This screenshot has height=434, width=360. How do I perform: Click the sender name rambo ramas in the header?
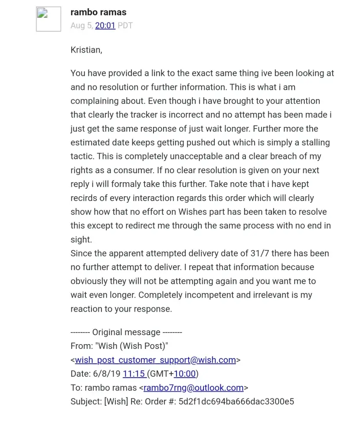click(x=98, y=12)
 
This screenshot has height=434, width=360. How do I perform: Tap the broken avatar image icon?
click(x=48, y=19)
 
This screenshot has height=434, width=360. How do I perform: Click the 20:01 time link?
click(x=105, y=26)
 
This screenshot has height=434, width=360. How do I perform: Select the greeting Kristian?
click(x=86, y=50)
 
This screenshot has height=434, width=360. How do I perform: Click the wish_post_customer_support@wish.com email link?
click(x=155, y=360)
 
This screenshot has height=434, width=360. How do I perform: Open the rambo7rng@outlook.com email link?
click(x=193, y=388)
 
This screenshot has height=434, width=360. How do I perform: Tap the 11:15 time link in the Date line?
click(x=134, y=374)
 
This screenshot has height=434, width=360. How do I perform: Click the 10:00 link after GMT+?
click(x=185, y=374)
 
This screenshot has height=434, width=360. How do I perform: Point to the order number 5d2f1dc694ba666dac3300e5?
click(x=236, y=401)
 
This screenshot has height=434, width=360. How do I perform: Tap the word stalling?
click(x=314, y=142)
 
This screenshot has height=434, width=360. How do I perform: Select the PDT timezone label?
click(x=125, y=26)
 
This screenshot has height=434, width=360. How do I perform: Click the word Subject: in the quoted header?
click(x=86, y=401)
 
